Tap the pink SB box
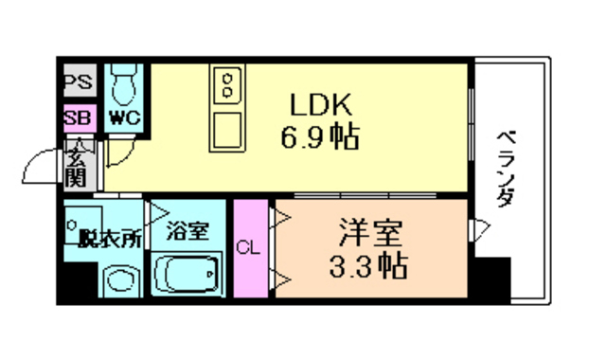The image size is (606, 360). click(x=78, y=118)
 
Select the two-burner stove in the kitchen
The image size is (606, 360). click(x=230, y=87)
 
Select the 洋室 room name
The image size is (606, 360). click(x=370, y=231)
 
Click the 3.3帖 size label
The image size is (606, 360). click(x=370, y=266)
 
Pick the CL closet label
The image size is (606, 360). click(x=247, y=248)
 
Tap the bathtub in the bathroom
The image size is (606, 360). click(x=188, y=276)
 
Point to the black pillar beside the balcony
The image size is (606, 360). click(x=492, y=280)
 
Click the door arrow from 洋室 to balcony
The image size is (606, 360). click(x=481, y=227)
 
